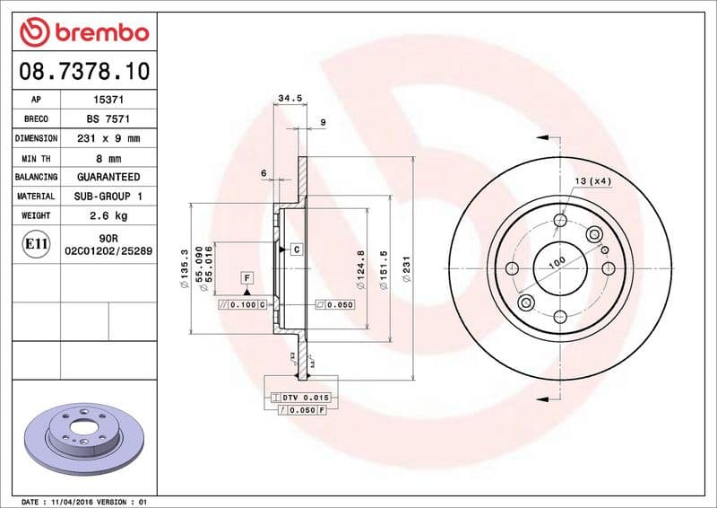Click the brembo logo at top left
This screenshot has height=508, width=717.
pos(83,32)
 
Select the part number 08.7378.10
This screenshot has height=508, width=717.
pos(83,70)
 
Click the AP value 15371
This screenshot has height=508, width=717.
pos(108,101)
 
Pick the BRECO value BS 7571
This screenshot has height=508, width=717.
pos(108,119)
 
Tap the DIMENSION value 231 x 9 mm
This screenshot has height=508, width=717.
pos(108,139)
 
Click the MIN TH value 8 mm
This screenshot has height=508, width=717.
pos(108,158)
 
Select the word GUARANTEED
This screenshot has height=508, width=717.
pos(108,177)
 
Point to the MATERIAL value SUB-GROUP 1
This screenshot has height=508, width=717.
pos(108,196)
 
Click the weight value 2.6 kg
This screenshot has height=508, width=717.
pos(108,215)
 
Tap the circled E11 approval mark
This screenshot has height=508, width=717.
pos(36,243)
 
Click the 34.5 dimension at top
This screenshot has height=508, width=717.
pos(289,97)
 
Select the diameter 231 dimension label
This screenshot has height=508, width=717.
pos(406,269)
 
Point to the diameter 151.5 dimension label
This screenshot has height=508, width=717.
pos(384,269)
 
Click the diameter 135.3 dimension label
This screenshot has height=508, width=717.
pos(184,269)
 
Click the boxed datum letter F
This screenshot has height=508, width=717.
pos(246,278)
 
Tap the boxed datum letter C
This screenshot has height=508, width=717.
pos(295,249)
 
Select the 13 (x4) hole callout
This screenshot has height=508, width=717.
pos(592,182)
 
